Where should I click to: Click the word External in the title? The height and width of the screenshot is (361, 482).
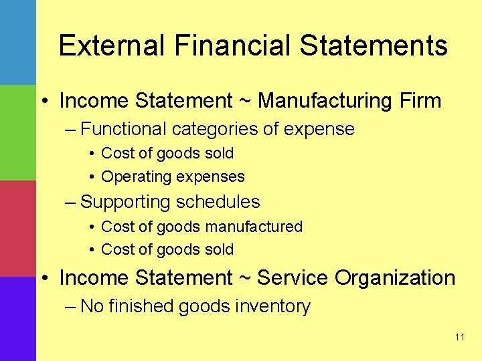click(110, 45)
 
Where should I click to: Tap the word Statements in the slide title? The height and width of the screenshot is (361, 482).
click(374, 45)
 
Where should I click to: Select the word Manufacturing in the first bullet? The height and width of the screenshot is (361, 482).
click(315, 101)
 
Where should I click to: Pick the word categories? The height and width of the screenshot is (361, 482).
click(218, 128)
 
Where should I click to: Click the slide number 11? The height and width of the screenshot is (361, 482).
click(459, 337)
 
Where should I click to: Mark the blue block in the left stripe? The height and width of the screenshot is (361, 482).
click(17, 41)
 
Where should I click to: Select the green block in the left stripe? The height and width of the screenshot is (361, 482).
click(17, 132)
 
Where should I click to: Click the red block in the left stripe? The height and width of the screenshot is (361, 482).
click(17, 229)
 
